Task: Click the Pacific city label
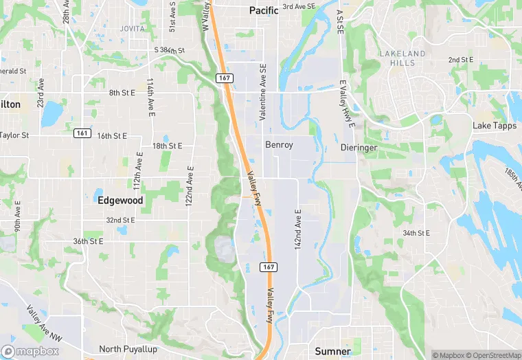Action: pyautogui.click(x=264, y=10)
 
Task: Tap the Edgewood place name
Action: pyautogui.click(x=120, y=201)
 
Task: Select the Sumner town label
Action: pyautogui.click(x=332, y=351)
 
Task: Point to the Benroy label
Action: pyautogui.click(x=279, y=145)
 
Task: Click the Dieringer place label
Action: pyautogui.click(x=359, y=148)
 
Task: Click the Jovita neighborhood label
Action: pyautogui.click(x=132, y=29)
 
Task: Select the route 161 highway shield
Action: pyautogui.click(x=82, y=133)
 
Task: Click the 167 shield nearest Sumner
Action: pyautogui.click(x=268, y=266)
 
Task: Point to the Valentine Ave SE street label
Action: pyautogui.click(x=263, y=92)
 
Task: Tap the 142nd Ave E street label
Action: pyautogui.click(x=298, y=228)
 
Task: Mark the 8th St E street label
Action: pyautogui.click(x=123, y=92)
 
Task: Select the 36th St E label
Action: pyautogui.click(x=88, y=241)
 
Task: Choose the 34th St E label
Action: pyautogui.click(x=416, y=234)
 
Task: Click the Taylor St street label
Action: pyautogui.click(x=14, y=135)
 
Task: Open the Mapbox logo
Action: pyautogui.click(x=30, y=351)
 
